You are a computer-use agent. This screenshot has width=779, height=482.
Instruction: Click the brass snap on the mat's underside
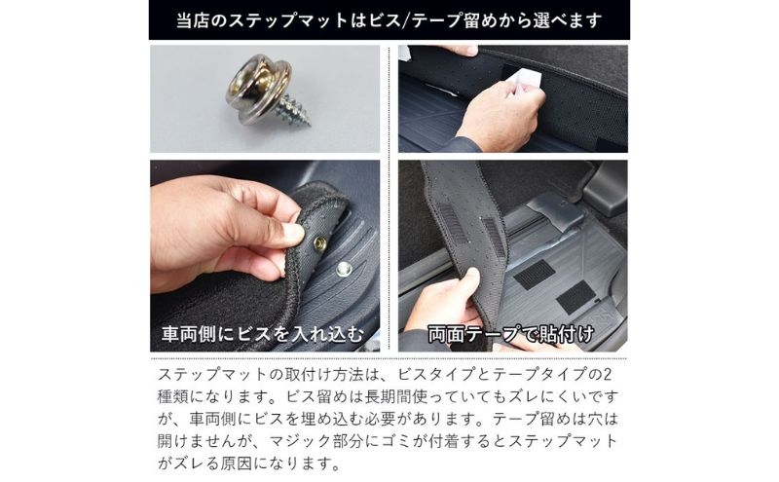[320, 243]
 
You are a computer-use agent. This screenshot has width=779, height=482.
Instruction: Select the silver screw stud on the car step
[344, 270]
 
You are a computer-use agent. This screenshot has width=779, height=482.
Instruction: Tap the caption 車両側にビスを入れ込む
[263, 334]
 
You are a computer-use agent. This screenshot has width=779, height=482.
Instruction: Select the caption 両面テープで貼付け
[510, 334]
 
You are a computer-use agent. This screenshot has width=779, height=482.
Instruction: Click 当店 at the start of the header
[193, 20]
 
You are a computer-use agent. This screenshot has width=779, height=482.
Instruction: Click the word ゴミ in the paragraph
[397, 441]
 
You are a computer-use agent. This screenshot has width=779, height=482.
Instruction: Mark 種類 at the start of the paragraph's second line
[173, 396]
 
